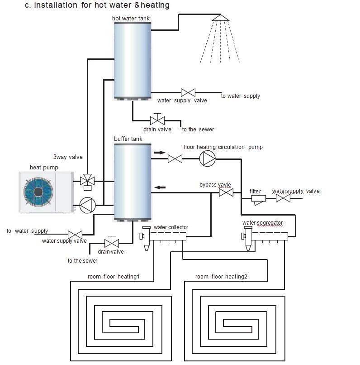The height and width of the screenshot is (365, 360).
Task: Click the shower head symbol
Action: point(221,18)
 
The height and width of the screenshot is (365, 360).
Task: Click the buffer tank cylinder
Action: point(132,181)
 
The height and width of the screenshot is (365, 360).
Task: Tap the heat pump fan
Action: point(38,192)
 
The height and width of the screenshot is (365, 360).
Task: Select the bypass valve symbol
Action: point(226,193)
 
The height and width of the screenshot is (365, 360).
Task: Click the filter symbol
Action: point(258,199)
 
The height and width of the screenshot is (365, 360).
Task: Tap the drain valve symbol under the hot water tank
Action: point(157,120)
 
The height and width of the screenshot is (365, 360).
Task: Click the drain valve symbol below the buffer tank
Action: point(111,242)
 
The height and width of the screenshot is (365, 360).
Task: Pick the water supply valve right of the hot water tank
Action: point(188,92)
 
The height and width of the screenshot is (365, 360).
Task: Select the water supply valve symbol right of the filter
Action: point(283,198)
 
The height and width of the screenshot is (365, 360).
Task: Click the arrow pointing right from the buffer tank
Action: point(160,152)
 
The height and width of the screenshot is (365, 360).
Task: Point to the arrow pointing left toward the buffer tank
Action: point(160,187)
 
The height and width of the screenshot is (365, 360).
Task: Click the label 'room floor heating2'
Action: point(221,277)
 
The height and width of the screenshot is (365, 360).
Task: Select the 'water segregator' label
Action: point(262,223)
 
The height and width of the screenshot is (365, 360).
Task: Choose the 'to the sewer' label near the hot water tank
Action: point(198,130)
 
